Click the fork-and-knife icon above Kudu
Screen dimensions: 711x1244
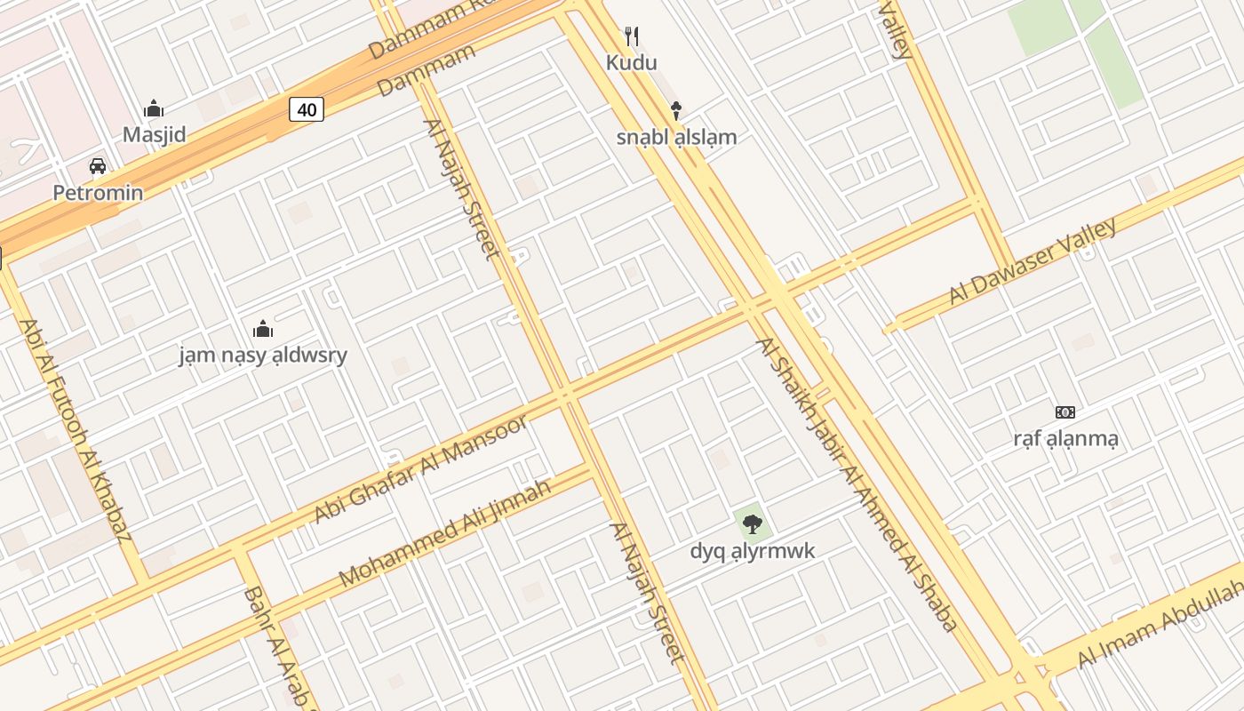point(632,36)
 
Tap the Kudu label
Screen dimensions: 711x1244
point(632,62)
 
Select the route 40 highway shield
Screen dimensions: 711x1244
point(307,110)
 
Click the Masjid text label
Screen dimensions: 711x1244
point(155,135)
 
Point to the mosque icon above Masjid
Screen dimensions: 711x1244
point(154,109)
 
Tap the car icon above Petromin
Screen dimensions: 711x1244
point(98,166)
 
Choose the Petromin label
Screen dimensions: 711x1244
point(98,193)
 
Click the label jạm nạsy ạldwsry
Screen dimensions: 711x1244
point(263,355)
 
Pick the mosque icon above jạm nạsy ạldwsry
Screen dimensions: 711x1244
point(263,330)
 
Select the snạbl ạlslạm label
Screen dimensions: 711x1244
point(677,137)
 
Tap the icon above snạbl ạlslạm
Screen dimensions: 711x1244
point(676,110)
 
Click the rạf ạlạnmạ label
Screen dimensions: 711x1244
point(1065,438)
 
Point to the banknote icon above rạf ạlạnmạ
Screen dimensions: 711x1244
point(1065,412)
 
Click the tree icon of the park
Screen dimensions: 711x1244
point(753,524)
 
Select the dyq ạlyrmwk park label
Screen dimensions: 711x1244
point(753,551)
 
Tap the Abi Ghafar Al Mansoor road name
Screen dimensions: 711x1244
point(422,468)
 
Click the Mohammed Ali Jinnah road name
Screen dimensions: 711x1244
point(445,532)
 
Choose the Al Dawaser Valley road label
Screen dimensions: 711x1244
point(1033,261)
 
